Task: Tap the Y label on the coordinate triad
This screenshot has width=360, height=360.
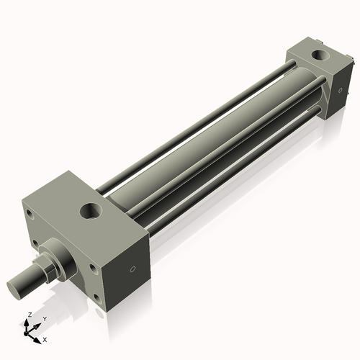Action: click(43, 319)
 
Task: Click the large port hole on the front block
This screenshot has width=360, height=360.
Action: click(91, 211)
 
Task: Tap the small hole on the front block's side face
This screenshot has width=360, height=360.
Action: click(131, 269)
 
